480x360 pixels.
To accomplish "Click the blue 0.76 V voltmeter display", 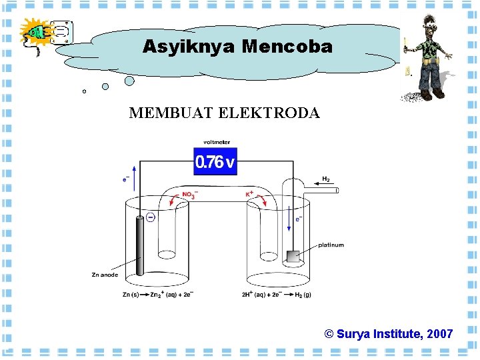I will pyautogui.click(x=215, y=162).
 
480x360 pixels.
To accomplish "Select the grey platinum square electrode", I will pyautogui.click(x=291, y=256).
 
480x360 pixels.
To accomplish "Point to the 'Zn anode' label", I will pyautogui.click(x=105, y=275).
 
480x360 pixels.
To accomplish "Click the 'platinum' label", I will pyautogui.click(x=331, y=245).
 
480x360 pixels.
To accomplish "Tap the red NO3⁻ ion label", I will pyautogui.click(x=189, y=195).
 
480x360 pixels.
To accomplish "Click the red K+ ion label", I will pyautogui.click(x=250, y=194).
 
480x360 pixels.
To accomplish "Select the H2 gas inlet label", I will pyautogui.click(x=326, y=179).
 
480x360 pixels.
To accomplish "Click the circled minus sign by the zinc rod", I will pyautogui.click(x=151, y=217).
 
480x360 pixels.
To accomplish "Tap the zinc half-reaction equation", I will pyautogui.click(x=158, y=294).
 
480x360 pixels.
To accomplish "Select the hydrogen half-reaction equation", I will pyautogui.click(x=276, y=294).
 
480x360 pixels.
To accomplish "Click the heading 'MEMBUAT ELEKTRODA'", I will pyautogui.click(x=224, y=113).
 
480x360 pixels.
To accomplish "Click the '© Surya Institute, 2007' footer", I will pyautogui.click(x=389, y=334).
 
